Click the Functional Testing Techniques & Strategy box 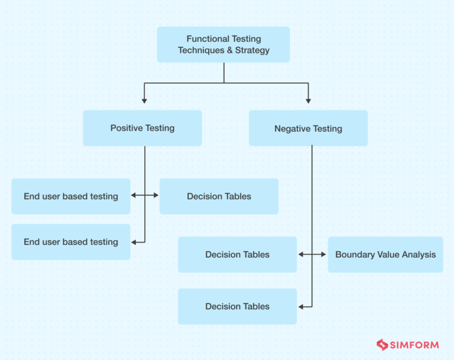(223, 44)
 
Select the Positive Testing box (142, 128)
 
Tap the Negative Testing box (308, 128)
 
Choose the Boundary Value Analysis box (385, 255)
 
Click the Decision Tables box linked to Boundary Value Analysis (237, 255)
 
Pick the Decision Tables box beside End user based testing (219, 196)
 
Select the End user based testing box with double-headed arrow (71, 196)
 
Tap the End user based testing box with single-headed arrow (71, 242)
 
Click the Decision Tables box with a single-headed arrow (237, 306)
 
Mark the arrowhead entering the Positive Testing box (144, 101)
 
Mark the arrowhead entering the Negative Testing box (308, 101)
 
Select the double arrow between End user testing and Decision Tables (145, 195)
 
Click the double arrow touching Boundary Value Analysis (312, 254)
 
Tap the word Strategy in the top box (252, 50)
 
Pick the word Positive (126, 128)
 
